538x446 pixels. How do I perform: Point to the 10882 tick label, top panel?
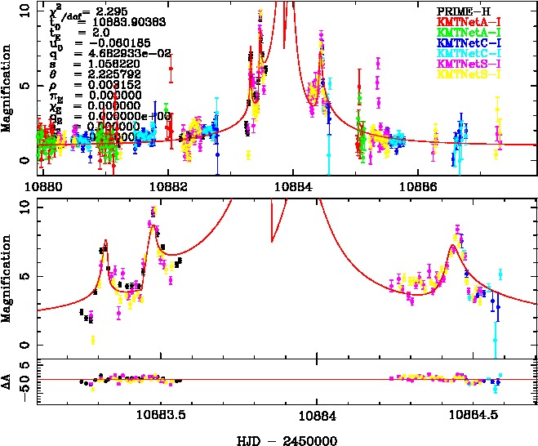168,186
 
